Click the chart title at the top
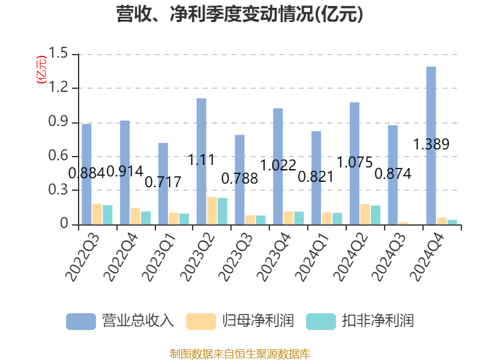[x=240, y=14]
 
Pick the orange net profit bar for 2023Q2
[x=212, y=211]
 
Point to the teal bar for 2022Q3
[x=108, y=215]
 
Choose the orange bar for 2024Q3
[x=403, y=223]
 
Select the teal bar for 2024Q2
[x=376, y=215]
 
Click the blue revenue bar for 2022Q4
[x=125, y=172]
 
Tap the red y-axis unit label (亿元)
[x=41, y=70]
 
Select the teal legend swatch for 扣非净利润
[x=320, y=321]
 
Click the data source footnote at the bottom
[x=240, y=353]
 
